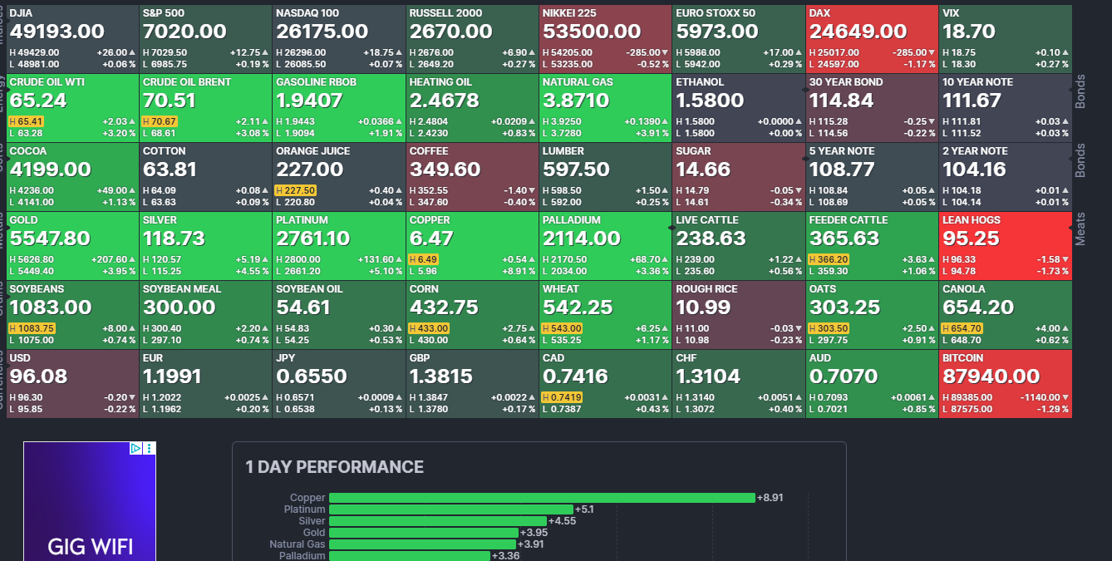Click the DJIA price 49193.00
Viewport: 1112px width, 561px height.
click(x=57, y=32)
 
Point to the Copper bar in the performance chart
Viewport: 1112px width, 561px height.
click(x=542, y=498)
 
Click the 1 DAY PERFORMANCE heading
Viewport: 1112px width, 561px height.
click(x=334, y=467)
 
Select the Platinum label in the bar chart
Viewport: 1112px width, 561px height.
click(x=304, y=509)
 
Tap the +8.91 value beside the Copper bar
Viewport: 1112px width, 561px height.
click(x=770, y=498)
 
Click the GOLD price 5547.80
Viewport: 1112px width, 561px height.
click(x=50, y=239)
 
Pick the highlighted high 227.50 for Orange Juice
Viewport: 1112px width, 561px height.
click(x=298, y=190)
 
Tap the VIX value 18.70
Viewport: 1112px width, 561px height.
click(x=969, y=32)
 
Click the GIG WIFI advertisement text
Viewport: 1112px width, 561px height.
click(x=90, y=546)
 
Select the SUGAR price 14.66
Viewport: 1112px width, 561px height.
click(x=703, y=170)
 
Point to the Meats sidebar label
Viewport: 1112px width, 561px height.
click(x=1080, y=229)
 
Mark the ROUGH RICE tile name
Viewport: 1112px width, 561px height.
click(x=706, y=289)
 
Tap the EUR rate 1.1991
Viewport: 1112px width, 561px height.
click(x=172, y=376)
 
